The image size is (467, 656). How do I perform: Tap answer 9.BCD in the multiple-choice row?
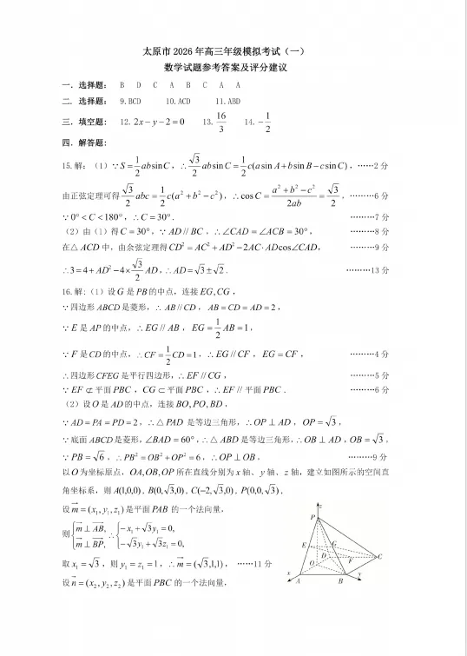point(130,102)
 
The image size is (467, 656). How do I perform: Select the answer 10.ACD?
point(177,102)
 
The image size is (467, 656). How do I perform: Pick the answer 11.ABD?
point(227,102)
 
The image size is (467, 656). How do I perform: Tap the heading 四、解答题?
point(83,142)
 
